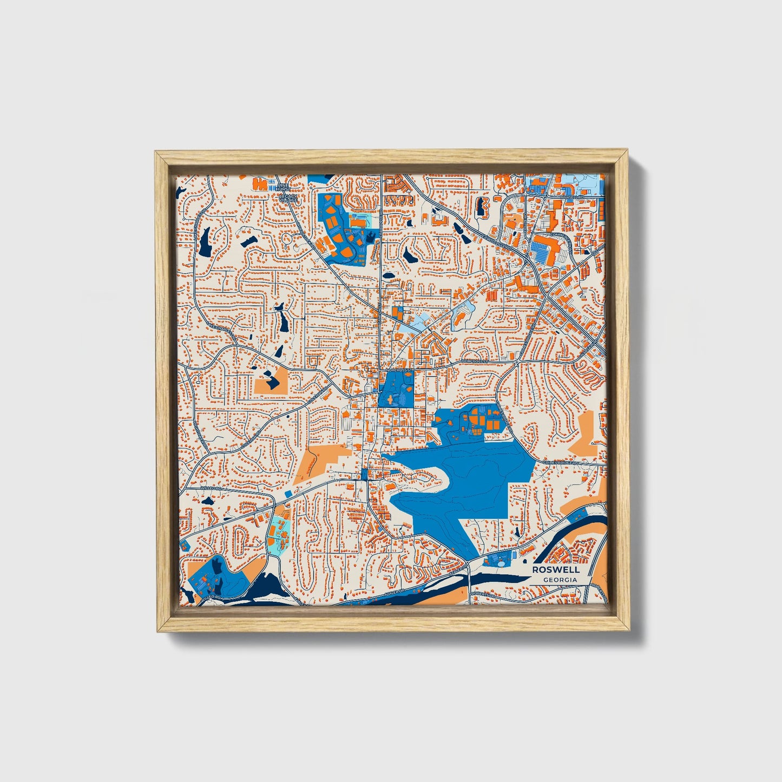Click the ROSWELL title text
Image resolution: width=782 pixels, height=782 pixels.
[555, 569]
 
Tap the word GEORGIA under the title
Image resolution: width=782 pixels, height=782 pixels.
[560, 580]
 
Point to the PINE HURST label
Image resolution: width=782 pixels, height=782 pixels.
[284, 187]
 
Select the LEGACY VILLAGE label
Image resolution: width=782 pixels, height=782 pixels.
[288, 199]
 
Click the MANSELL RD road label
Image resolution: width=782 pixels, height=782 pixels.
[571, 198]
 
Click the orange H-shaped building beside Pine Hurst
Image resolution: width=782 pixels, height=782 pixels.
[262, 185]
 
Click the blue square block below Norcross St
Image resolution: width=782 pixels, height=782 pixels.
[396, 390]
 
